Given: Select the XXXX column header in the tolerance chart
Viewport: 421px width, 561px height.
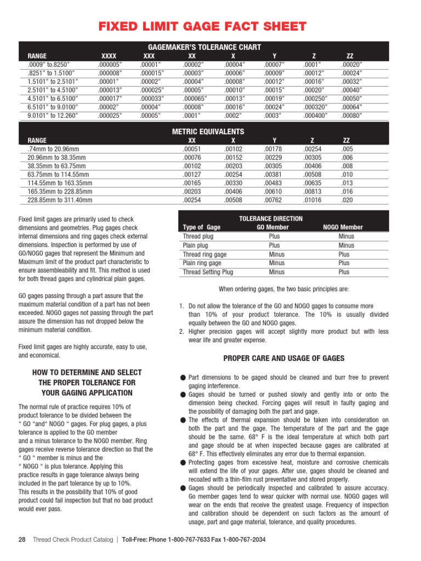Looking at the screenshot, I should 109,56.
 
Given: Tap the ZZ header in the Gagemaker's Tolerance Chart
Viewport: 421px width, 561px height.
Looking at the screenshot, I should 351,56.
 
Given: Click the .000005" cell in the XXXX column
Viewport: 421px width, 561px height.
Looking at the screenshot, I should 110,64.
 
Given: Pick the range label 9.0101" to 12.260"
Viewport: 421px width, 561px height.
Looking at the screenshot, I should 53,116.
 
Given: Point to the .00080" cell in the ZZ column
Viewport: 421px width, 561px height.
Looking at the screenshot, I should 351,116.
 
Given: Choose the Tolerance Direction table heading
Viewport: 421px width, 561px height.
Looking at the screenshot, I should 271,219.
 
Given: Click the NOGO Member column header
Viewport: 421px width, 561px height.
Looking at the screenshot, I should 343,227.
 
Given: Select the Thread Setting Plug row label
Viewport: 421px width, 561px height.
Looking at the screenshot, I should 208,272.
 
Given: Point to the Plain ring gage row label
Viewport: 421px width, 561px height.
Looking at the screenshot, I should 202,263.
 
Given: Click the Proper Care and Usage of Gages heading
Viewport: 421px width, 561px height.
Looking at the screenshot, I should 283,358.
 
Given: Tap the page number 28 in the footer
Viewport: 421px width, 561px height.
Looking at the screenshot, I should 22,540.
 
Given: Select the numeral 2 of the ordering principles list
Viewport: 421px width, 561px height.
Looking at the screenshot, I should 181,331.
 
